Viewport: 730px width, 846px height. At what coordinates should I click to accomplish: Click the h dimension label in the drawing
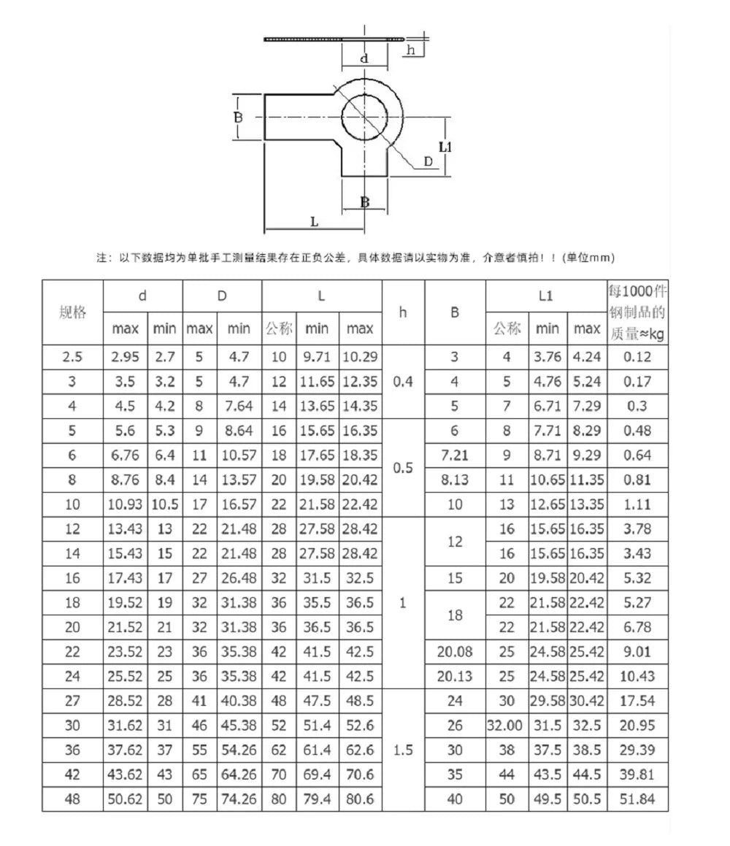tap(412, 50)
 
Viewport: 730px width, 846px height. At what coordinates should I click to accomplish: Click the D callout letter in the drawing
tap(429, 162)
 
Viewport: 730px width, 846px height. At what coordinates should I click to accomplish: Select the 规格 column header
tap(72, 312)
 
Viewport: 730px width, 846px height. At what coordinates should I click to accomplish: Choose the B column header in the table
tap(455, 312)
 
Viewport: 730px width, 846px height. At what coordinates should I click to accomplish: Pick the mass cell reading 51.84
tap(637, 799)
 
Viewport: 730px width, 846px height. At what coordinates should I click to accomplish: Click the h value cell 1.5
tap(403, 750)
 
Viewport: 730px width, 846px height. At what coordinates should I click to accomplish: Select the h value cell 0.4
tap(403, 382)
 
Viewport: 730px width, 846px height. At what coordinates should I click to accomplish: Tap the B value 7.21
tap(455, 455)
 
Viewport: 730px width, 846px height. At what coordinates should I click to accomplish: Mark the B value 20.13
tap(455, 676)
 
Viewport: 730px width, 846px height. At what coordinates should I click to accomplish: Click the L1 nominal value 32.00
tap(507, 726)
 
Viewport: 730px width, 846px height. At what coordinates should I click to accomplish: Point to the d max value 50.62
tap(126, 799)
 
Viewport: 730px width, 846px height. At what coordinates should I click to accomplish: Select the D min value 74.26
tap(239, 799)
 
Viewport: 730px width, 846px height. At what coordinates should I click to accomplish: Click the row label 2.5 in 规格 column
tap(72, 357)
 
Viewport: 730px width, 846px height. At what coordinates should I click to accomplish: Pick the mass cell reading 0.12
tap(637, 357)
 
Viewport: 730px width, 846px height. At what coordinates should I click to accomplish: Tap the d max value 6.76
tap(126, 455)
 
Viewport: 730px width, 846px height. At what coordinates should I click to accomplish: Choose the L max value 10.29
tap(360, 357)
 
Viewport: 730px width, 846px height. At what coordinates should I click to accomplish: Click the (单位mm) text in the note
tap(591, 257)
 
